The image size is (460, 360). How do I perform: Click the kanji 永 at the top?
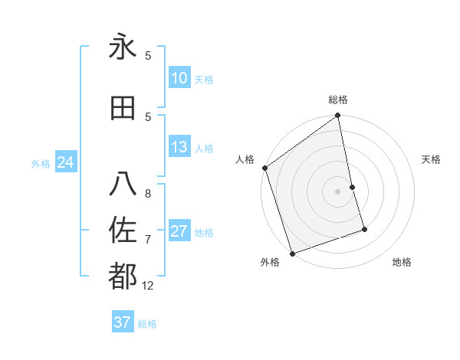pos(123,47)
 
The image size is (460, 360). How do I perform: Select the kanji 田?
pos(123,108)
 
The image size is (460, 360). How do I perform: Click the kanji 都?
pos(123,276)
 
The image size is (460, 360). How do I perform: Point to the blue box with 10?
pos(179,78)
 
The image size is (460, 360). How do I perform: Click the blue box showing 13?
pos(179,148)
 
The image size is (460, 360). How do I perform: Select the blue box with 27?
pos(179,232)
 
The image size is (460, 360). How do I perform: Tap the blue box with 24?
pos(65,162)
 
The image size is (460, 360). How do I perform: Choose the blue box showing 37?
pos(123,322)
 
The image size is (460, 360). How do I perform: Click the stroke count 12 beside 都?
pos(148,285)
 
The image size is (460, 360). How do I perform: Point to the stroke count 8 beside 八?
pos(148,194)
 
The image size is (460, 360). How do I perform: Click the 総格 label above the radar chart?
pos(338,100)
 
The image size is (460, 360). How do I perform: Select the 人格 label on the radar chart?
pos(245,159)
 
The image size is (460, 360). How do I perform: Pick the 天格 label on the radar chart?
pos(432,159)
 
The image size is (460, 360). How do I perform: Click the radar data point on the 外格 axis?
pos(292,252)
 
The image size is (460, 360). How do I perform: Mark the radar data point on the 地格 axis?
pos(364,229)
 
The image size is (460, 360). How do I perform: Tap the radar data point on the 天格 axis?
pos(352,187)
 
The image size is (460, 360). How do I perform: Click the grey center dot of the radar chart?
pos(338,191)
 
